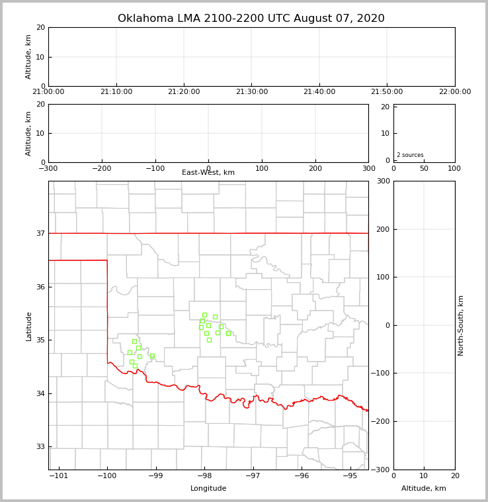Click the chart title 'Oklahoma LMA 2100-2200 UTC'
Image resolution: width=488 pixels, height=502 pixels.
pyautogui.click(x=251, y=19)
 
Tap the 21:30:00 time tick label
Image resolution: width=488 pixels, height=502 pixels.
pyautogui.click(x=251, y=92)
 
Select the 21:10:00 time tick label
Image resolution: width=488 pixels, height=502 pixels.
pyautogui.click(x=116, y=92)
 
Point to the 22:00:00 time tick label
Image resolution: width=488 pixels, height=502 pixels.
pyautogui.click(x=454, y=92)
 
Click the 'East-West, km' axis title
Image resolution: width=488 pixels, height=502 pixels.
pyautogui.click(x=208, y=173)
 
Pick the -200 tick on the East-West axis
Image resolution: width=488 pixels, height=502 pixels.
pyautogui.click(x=101, y=168)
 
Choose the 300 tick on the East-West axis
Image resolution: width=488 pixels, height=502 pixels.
pyautogui.click(x=368, y=168)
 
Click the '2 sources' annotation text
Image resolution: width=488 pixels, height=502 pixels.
pyautogui.click(x=410, y=155)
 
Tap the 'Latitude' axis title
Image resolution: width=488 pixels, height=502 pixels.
pyautogui.click(x=29, y=326)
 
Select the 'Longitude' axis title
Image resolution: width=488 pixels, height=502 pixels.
pyautogui.click(x=208, y=489)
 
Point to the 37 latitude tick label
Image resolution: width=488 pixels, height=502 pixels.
pyautogui.click(x=40, y=233)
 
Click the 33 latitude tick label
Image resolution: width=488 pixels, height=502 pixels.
pyautogui.click(x=40, y=446)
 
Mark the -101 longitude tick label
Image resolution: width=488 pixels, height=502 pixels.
pyautogui.click(x=59, y=476)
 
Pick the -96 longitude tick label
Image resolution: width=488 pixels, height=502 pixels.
pyautogui.click(x=301, y=476)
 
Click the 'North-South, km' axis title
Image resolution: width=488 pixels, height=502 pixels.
pyautogui.click(x=462, y=325)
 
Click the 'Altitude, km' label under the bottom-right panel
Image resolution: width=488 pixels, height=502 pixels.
pyautogui.click(x=424, y=489)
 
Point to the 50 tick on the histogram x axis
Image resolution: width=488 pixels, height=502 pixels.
pyautogui.click(x=424, y=168)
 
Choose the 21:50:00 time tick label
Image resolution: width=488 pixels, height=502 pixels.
pyautogui.click(x=387, y=92)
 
